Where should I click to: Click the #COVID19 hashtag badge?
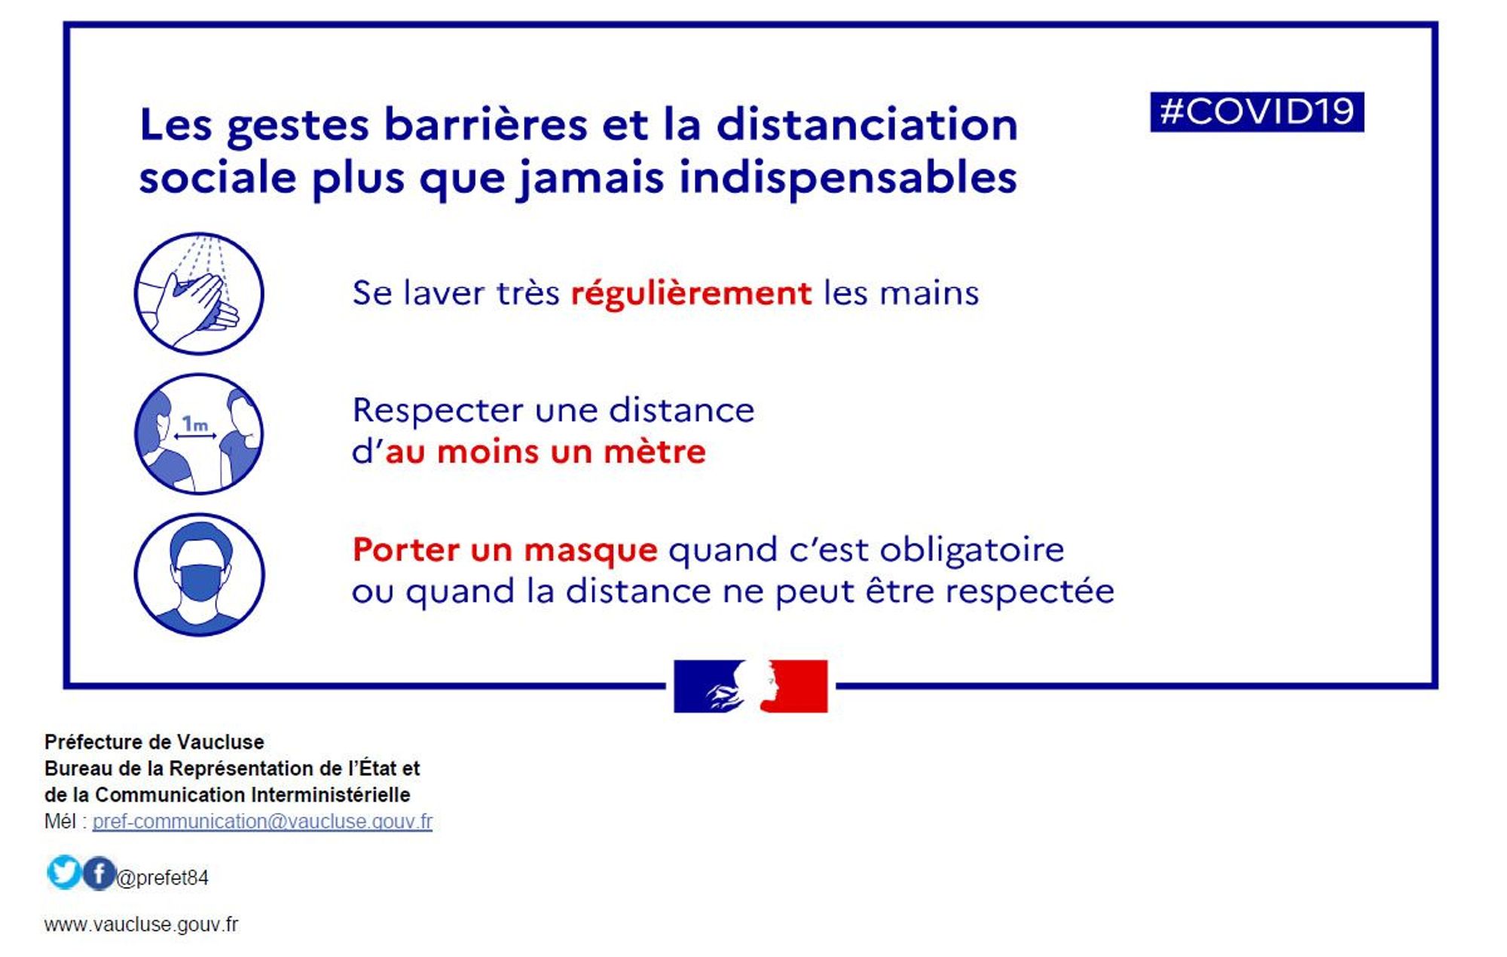click(1257, 112)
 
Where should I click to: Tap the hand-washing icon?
click(199, 293)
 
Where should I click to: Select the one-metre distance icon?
click(199, 434)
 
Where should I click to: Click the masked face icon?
click(199, 574)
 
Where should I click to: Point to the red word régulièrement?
click(691, 294)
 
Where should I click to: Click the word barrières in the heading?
click(485, 124)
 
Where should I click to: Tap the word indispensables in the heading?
click(848, 179)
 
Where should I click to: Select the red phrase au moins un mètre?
click(545, 452)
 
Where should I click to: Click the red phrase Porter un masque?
click(505, 550)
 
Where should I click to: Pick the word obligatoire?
click(972, 550)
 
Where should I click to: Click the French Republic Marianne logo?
click(750, 686)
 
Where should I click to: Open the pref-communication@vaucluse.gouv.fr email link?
click(262, 821)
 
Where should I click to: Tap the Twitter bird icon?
click(63, 872)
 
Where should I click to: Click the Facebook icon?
click(99, 873)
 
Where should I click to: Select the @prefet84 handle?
click(163, 878)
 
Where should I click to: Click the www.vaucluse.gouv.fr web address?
click(141, 925)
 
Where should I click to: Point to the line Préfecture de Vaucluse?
click(154, 742)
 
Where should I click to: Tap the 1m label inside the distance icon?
click(195, 424)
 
